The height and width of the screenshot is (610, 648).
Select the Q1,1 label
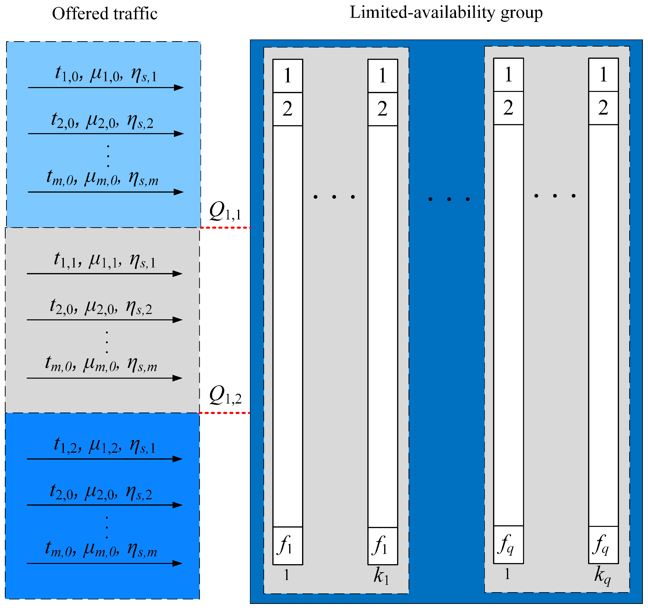click(x=225, y=211)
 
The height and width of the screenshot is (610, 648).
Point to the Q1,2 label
click(x=225, y=395)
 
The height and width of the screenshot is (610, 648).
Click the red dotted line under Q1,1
click(x=225, y=227)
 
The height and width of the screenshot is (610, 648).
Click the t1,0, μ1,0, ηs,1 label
click(x=106, y=74)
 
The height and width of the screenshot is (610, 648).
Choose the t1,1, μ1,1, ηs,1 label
click(x=105, y=260)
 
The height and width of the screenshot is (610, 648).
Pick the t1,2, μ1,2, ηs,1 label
click(x=105, y=446)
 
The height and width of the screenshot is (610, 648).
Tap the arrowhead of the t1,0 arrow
click(x=179, y=88)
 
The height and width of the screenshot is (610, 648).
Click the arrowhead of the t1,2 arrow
click(x=177, y=459)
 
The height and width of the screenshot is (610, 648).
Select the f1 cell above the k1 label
click(x=383, y=545)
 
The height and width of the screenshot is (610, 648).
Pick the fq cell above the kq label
click(x=603, y=544)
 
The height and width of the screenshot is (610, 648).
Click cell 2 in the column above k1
click(x=383, y=109)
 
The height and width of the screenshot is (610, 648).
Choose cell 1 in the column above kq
click(x=603, y=75)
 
